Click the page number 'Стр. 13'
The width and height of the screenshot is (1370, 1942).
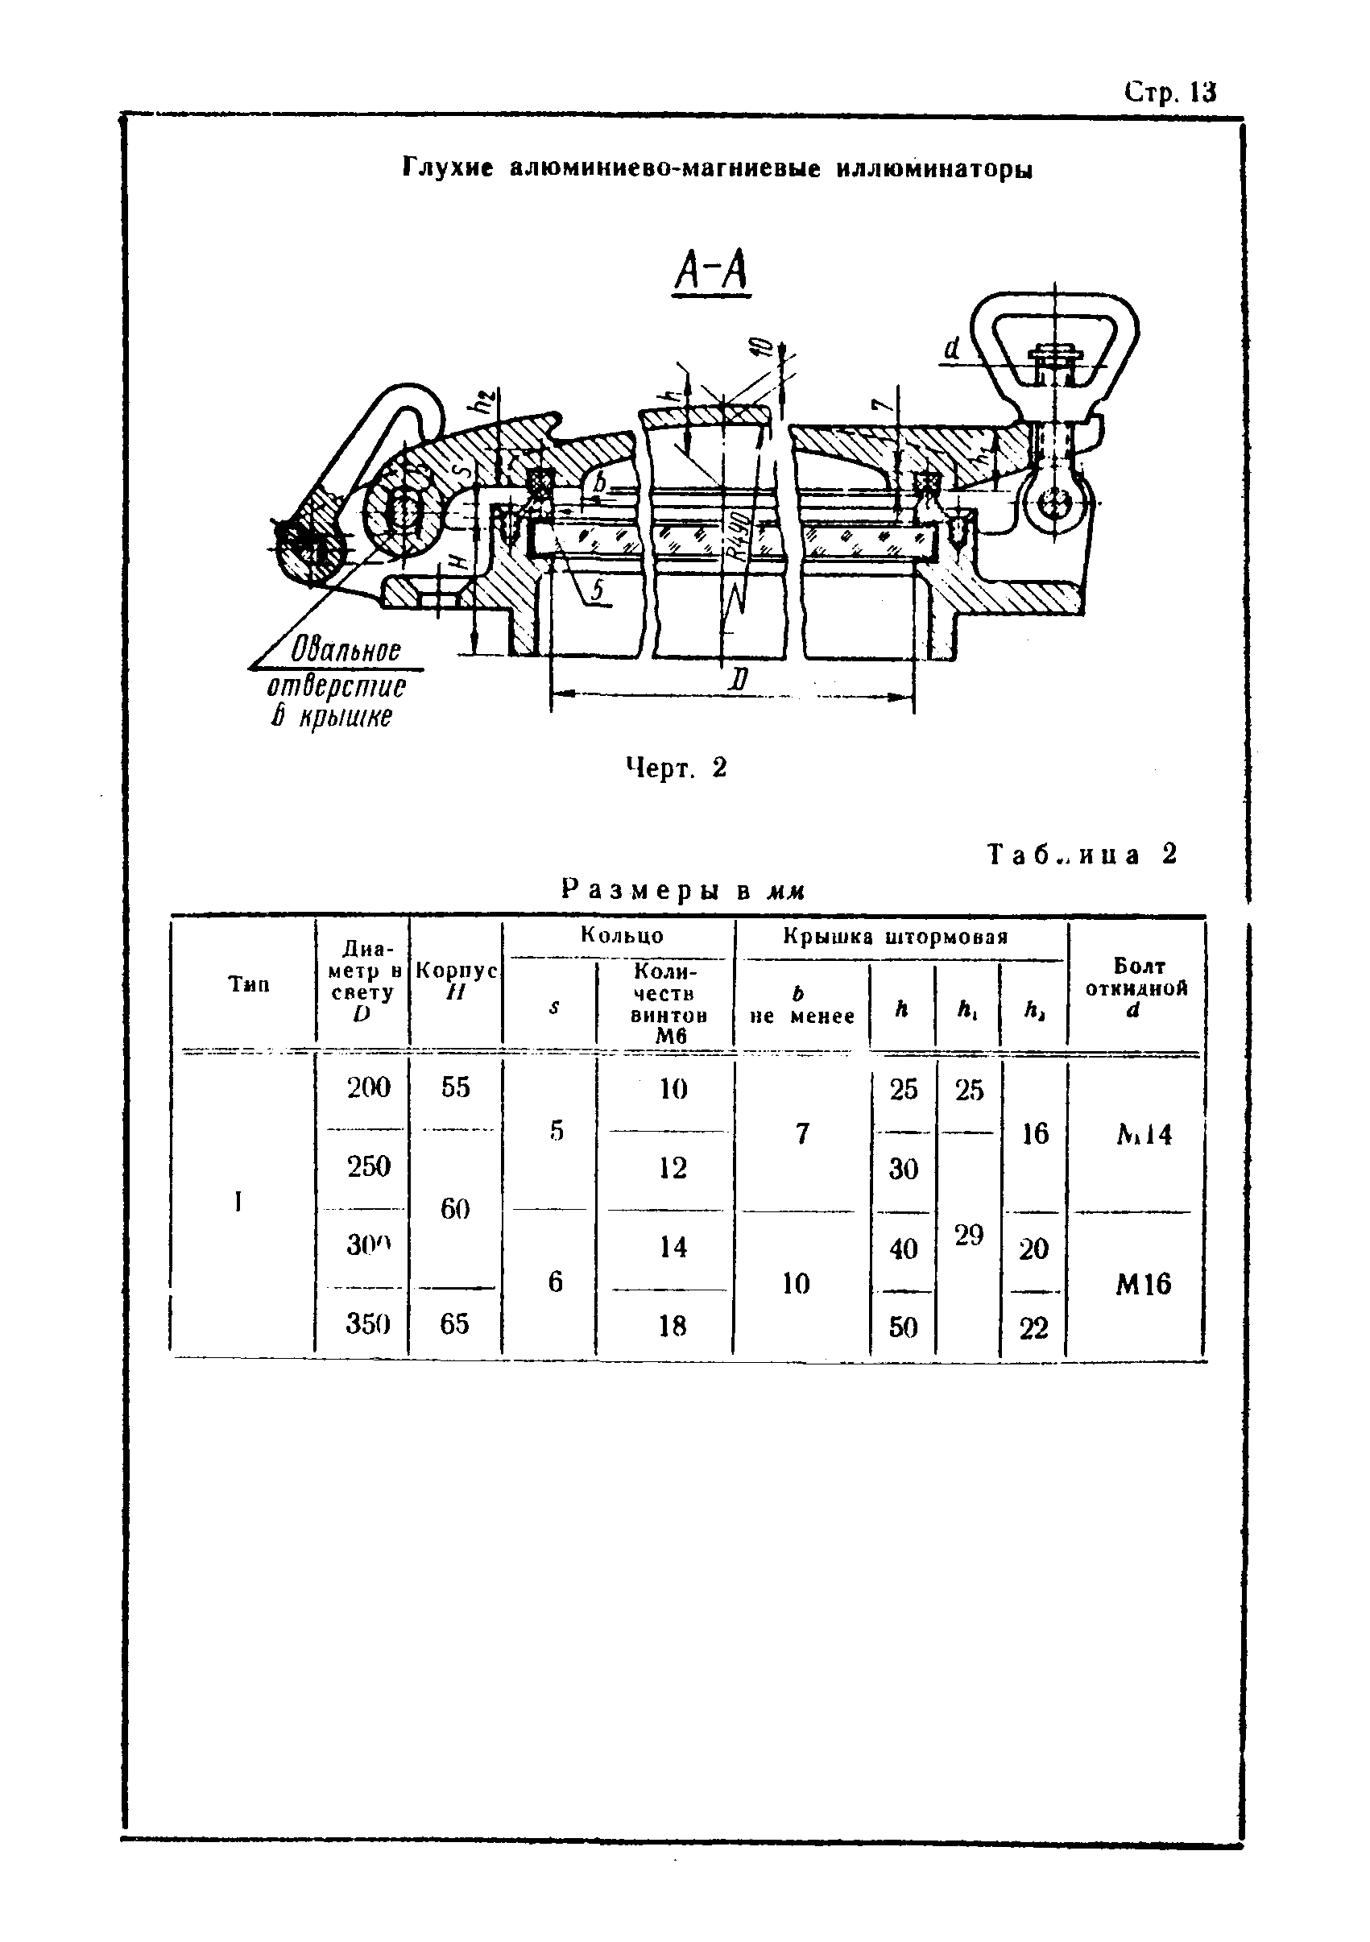point(1169,92)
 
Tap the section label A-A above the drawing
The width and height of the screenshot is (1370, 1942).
point(711,272)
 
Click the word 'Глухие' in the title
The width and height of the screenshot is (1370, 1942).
point(447,168)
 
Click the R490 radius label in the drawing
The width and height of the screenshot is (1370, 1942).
point(741,538)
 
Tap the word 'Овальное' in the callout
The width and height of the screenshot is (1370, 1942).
point(346,651)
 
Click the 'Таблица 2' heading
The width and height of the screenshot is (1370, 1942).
point(1082,855)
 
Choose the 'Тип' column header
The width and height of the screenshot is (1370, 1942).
point(249,983)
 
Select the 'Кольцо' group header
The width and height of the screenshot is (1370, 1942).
point(622,935)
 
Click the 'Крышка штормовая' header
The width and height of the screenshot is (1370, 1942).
point(896,936)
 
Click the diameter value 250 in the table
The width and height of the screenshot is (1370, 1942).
point(368,1166)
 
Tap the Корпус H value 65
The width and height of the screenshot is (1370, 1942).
point(455,1323)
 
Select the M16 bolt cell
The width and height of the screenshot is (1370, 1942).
point(1144,1285)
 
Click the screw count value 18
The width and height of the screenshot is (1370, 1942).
point(673,1327)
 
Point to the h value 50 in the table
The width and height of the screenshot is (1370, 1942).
point(903,1327)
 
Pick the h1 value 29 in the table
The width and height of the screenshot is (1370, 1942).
point(969,1236)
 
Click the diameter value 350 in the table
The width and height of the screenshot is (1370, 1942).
point(368,1323)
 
